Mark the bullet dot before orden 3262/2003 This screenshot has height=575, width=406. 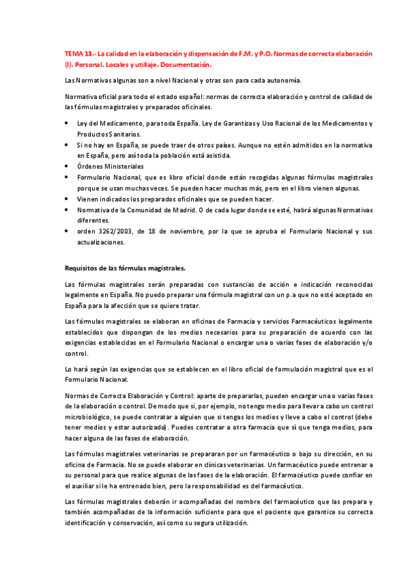[66, 231]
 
